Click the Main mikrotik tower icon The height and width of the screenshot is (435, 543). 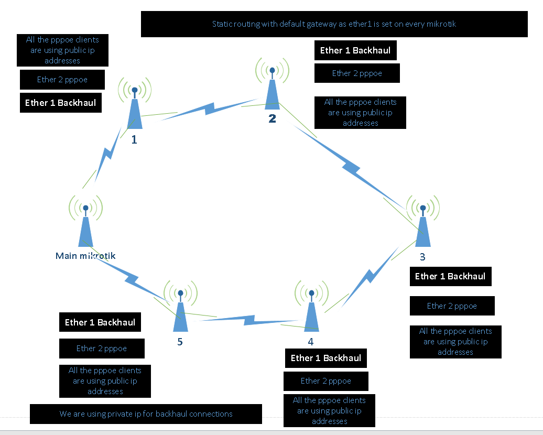(85, 223)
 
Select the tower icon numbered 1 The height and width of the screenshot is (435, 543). (135, 105)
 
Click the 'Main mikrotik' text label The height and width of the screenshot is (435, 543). (85, 256)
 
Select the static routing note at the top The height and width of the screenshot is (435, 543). (334, 24)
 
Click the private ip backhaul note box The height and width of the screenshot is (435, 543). (146, 414)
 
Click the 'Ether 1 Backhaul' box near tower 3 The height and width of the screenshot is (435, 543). (450, 276)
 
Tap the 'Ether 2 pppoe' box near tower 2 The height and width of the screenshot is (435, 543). (357, 73)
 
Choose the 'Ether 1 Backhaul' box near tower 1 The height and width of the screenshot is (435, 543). (60, 103)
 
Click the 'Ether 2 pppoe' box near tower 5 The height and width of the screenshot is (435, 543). (102, 349)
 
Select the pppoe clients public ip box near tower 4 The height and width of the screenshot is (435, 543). (329, 411)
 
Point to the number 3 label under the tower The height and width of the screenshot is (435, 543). (422, 257)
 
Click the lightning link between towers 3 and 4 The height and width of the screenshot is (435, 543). (367, 280)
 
